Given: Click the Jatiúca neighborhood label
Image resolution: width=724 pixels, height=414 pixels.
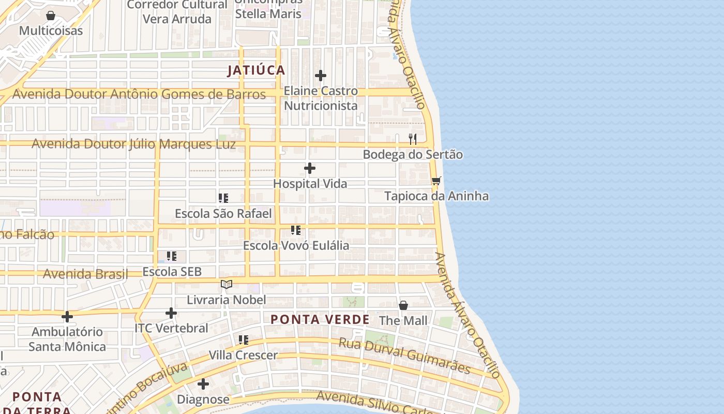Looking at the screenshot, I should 256,70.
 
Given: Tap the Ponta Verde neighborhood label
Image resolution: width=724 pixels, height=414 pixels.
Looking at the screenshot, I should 320,319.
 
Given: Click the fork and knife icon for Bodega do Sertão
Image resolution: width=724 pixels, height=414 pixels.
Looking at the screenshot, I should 413,139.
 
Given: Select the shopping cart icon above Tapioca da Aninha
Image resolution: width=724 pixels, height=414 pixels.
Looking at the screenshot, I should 436,181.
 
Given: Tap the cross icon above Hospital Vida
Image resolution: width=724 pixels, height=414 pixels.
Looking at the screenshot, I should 310,168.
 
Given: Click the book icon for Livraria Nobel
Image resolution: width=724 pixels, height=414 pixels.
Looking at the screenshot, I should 227,284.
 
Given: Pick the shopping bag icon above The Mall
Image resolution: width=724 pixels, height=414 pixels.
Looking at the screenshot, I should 403,305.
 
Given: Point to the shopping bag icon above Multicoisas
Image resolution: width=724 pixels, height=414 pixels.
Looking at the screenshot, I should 51,16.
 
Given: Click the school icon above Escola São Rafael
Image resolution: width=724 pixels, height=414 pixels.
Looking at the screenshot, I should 223,198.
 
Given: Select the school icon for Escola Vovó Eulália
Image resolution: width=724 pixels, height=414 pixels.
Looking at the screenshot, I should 296,230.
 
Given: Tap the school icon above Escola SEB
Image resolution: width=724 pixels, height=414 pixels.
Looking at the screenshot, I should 172,256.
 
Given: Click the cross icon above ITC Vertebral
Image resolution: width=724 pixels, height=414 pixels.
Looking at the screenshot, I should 171,313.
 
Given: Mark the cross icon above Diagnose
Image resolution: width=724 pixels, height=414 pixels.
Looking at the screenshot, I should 203,384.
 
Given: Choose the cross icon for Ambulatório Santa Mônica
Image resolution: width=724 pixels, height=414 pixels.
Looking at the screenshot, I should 67,316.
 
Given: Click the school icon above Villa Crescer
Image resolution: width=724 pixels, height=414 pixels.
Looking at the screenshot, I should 243,339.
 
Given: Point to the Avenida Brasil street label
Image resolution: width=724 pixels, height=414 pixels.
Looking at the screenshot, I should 85,274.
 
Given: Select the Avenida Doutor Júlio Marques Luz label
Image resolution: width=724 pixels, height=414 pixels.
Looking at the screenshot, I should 133,144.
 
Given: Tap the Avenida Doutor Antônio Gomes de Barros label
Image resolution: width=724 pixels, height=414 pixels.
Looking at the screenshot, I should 139,94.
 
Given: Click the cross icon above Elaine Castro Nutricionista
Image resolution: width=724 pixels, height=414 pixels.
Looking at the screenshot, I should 321,76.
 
